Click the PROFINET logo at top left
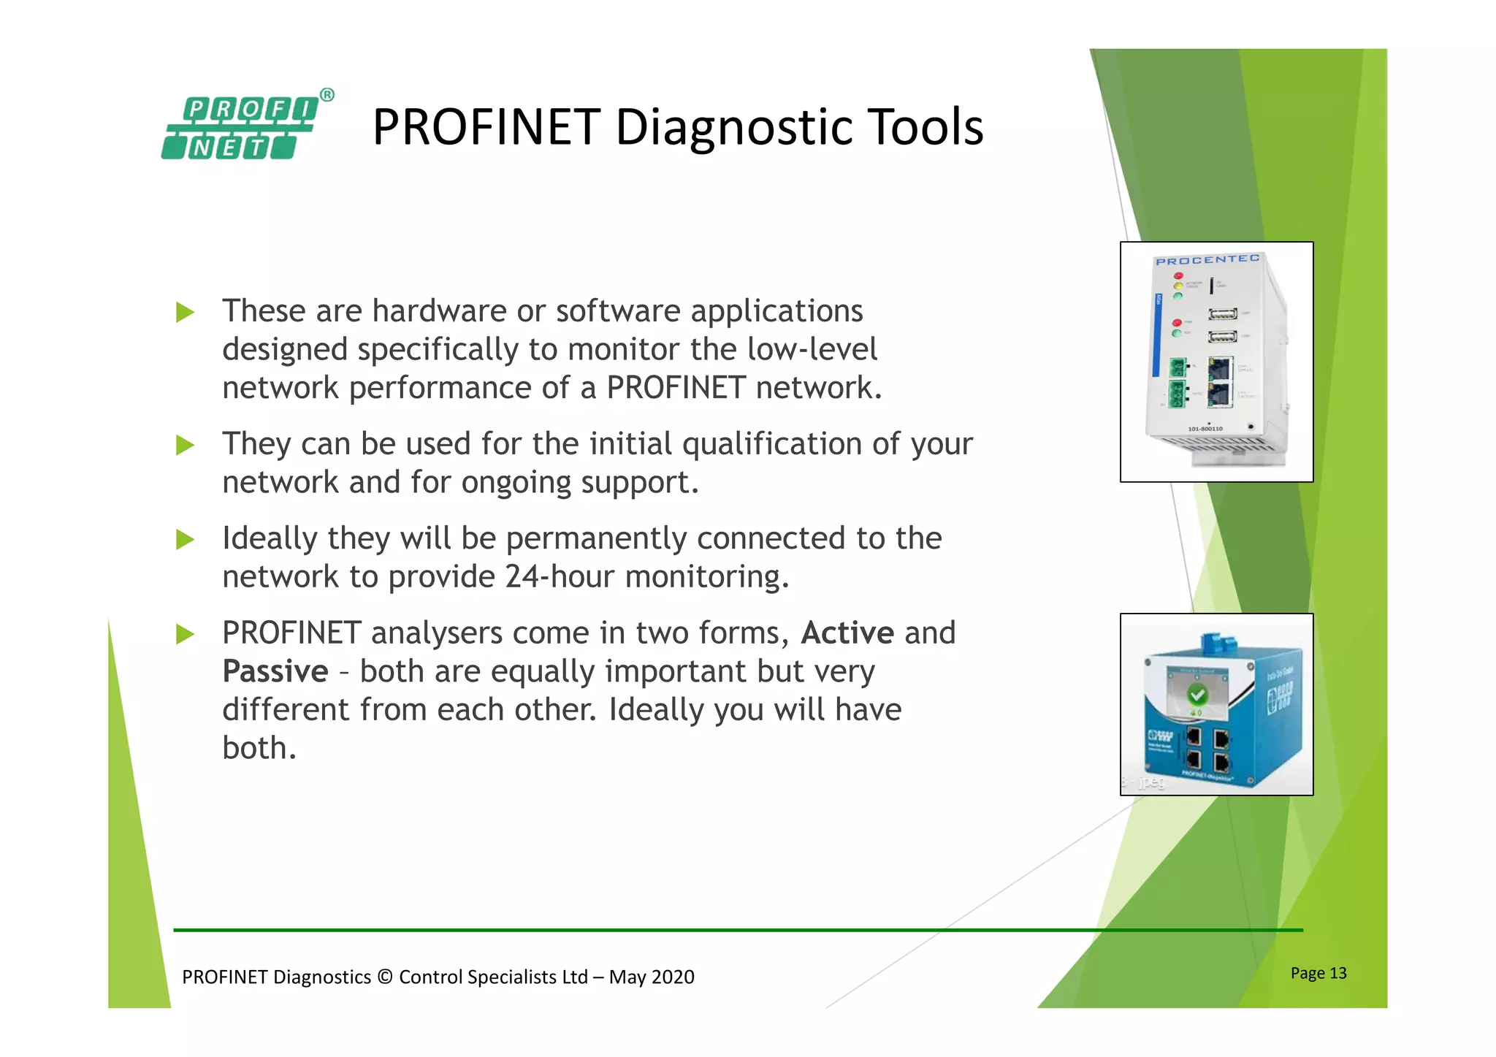pyautogui.click(x=240, y=129)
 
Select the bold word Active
pyautogui.click(x=847, y=633)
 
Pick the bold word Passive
pyautogui.click(x=275, y=671)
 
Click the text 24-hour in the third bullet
pyautogui.click(x=560, y=577)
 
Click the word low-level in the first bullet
pyautogui.click(x=812, y=349)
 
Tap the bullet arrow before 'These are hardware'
pyautogui.click(x=186, y=313)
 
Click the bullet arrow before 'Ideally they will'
pyautogui.click(x=186, y=540)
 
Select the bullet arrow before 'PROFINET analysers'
pyautogui.click(x=186, y=634)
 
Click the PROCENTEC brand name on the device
pyautogui.click(x=1207, y=260)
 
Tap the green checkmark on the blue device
pyautogui.click(x=1197, y=693)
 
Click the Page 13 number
pyautogui.click(x=1318, y=973)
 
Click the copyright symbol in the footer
pyautogui.click(x=385, y=977)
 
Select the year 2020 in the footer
pyautogui.click(x=672, y=977)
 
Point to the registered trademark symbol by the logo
pyautogui.click(x=327, y=95)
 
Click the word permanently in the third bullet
pyautogui.click(x=596, y=538)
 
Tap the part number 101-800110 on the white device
pyautogui.click(x=1205, y=429)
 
